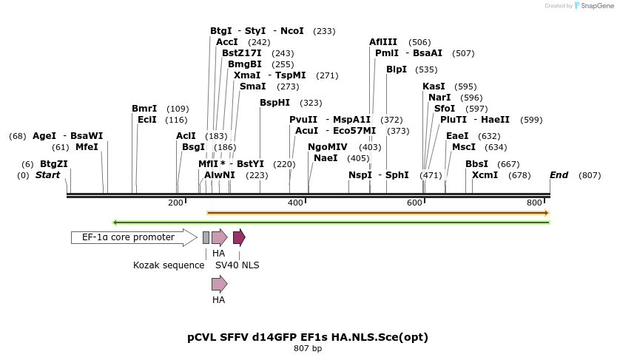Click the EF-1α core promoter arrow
click(x=133, y=237)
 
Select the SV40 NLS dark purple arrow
click(x=238, y=237)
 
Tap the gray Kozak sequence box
click(x=206, y=237)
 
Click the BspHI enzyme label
click(x=274, y=103)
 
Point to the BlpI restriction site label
click(x=397, y=69)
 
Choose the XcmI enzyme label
click(x=485, y=175)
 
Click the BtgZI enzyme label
click(x=54, y=164)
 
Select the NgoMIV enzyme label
click(x=327, y=147)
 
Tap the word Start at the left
click(x=47, y=175)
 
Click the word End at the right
click(x=559, y=175)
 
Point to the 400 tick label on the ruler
click(x=295, y=203)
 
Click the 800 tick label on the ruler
click(x=534, y=203)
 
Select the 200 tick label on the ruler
click(x=175, y=203)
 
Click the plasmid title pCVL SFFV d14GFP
click(x=307, y=337)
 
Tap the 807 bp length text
click(x=307, y=348)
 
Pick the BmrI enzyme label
click(x=144, y=109)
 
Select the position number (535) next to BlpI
click(x=426, y=69)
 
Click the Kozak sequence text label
click(x=169, y=265)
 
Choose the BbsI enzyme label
click(x=476, y=164)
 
